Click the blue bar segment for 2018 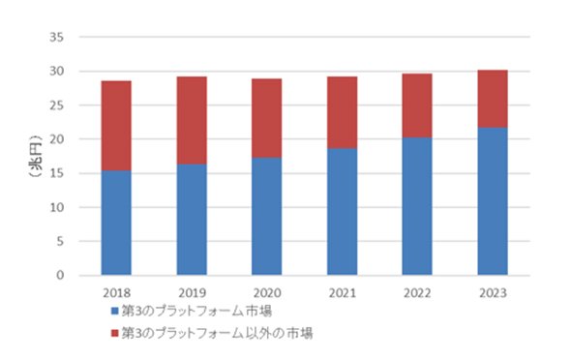click(116, 223)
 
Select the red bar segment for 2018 click(116, 126)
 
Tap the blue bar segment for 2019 click(192, 219)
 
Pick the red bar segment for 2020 click(266, 118)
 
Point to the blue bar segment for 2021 click(342, 212)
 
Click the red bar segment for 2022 click(417, 105)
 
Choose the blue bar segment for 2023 click(493, 201)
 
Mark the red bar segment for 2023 click(493, 99)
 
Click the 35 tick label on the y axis click(56, 37)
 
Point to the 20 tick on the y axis click(56, 139)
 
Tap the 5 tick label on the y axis click(60, 241)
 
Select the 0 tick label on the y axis click(60, 275)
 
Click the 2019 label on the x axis click(192, 293)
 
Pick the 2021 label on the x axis click(343, 293)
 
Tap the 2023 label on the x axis click(493, 293)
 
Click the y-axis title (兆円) click(36, 156)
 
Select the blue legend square click(115, 311)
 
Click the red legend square click(115, 333)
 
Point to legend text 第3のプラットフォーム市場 click(196, 312)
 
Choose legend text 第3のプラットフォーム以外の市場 click(217, 333)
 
